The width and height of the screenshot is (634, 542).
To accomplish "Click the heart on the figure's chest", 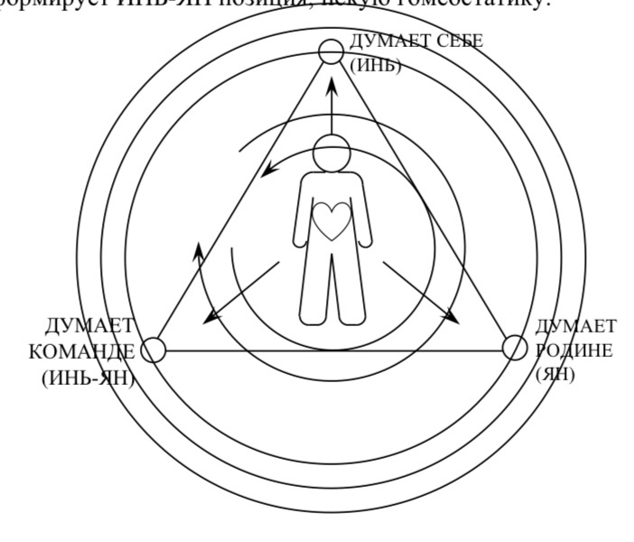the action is tap(331, 220).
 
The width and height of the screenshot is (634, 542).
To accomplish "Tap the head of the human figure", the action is tap(331, 152).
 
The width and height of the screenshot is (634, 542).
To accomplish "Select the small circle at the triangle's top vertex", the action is tap(331, 51).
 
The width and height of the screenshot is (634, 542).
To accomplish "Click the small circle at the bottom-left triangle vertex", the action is tap(154, 350).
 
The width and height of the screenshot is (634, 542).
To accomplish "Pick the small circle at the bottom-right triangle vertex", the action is tap(513, 347).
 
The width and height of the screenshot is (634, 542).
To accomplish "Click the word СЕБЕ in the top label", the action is tap(458, 42).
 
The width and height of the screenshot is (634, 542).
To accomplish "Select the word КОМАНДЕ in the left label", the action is tap(81, 352).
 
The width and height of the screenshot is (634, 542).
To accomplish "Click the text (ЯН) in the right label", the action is tap(555, 374).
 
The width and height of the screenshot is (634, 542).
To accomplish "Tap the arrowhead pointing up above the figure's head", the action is tap(331, 84).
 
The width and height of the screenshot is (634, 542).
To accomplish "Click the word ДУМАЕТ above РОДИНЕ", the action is tap(576, 326).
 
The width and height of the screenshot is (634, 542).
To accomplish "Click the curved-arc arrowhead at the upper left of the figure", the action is tap(265, 173).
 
